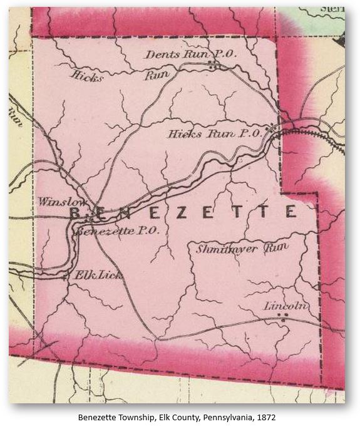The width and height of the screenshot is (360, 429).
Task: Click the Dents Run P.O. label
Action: click(190, 55)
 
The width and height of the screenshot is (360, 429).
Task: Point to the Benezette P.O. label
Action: click(116, 231)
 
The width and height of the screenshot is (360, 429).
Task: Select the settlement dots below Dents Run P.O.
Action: click(213, 65)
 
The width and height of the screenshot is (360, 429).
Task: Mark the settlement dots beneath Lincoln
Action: click(284, 318)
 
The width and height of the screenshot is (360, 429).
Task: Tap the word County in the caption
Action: click(180, 416)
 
